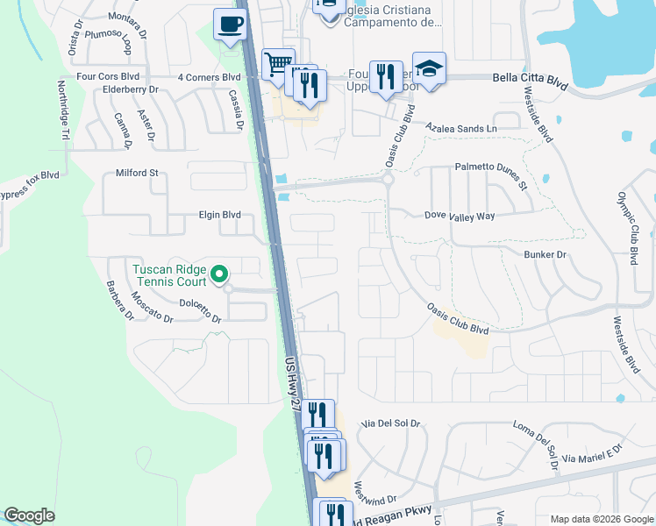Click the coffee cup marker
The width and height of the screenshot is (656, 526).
click(230, 25)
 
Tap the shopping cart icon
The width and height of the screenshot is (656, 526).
click(277, 63)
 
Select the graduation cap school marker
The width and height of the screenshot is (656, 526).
click(429, 68)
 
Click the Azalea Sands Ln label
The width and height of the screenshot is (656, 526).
click(460, 128)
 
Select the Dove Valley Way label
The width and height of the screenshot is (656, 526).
click(460, 215)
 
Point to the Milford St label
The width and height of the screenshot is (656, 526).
click(137, 173)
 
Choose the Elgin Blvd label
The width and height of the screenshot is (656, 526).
click(220, 214)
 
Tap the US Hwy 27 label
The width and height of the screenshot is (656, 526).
click(293, 380)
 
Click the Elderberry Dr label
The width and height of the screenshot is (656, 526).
click(130, 89)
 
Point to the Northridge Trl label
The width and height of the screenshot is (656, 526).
click(63, 110)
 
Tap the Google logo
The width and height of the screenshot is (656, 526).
click(29, 515)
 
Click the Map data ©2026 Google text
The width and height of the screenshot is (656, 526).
click(601, 519)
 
